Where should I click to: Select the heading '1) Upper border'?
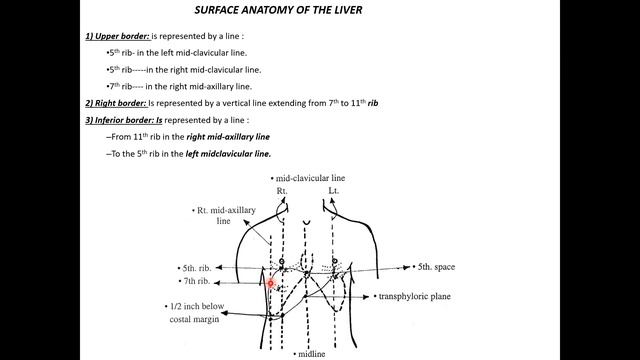click(x=116, y=36)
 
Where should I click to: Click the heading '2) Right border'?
click(x=115, y=103)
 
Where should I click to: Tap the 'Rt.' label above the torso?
click(x=282, y=189)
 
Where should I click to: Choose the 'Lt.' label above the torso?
click(x=334, y=189)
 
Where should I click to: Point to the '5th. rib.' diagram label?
click(x=197, y=268)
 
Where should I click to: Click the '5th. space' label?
click(x=440, y=267)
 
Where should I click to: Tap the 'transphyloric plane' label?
click(x=415, y=297)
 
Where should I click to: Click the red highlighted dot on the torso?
click(x=271, y=283)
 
